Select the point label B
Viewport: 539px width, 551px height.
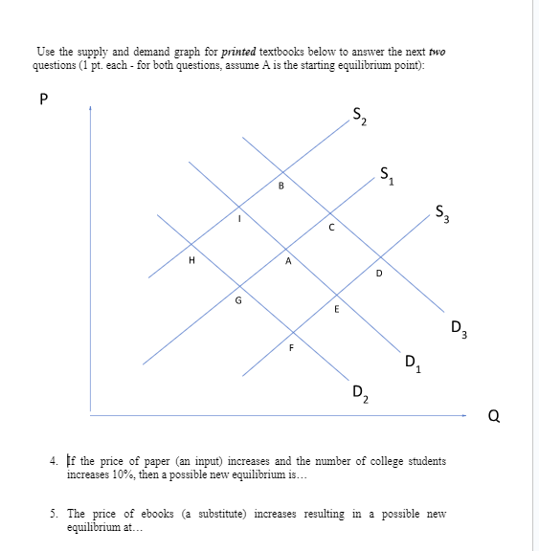click(x=281, y=186)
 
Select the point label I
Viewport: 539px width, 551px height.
click(x=240, y=219)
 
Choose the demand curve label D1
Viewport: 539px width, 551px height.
click(x=411, y=364)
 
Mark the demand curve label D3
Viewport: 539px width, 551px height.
click(x=459, y=332)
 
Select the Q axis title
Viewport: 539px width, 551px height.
click(x=493, y=416)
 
